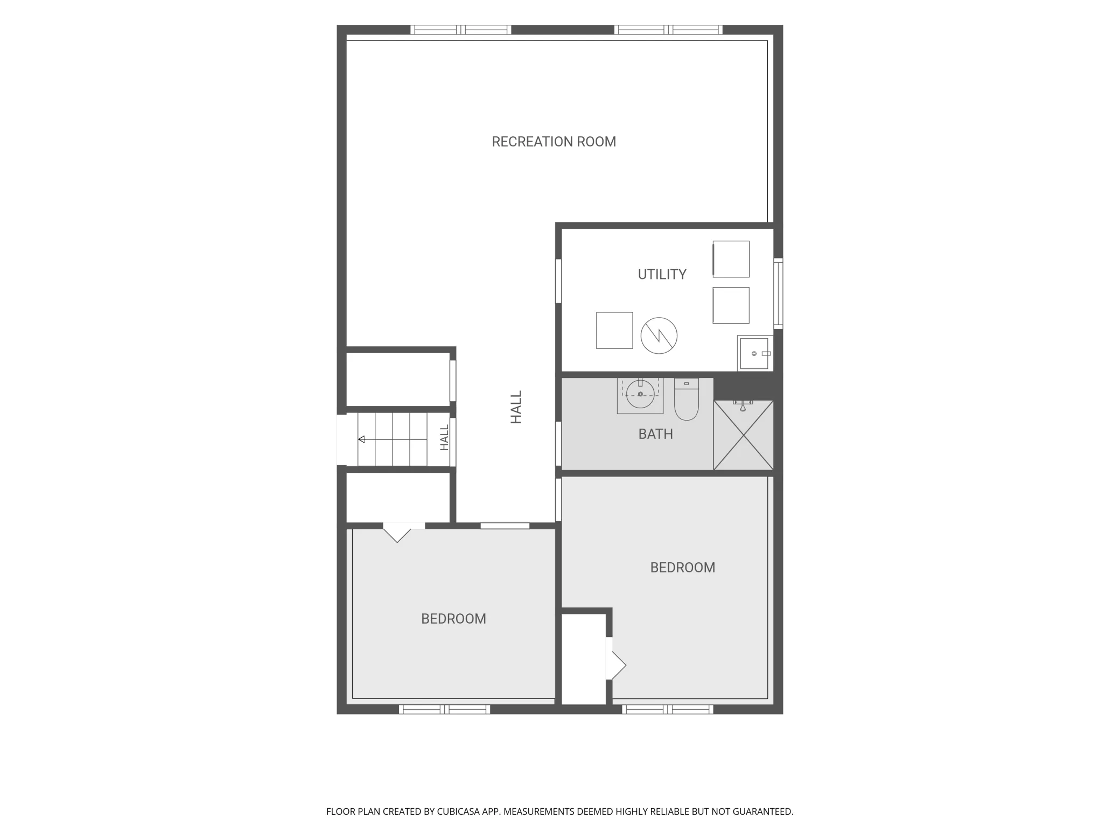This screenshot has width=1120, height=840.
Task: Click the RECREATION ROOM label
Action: [554, 142]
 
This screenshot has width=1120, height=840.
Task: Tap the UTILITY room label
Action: [662, 275]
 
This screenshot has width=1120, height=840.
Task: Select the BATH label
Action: [655, 434]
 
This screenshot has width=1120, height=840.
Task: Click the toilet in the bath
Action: [686, 399]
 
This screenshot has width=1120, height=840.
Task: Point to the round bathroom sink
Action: [640, 394]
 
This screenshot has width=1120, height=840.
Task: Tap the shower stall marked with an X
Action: [744, 435]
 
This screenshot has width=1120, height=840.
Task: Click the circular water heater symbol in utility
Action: [659, 335]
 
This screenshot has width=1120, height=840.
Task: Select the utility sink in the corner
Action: [755, 353]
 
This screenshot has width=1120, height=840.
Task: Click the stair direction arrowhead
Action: [361, 439]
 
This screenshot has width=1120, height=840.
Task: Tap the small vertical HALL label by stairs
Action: [444, 438]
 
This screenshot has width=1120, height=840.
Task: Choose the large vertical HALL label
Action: [516, 408]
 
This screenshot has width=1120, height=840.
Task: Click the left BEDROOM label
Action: [453, 619]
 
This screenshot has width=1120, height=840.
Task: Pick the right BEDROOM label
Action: [682, 568]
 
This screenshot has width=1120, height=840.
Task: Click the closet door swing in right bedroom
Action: [617, 666]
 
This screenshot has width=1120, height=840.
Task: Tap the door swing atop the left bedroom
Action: [397, 533]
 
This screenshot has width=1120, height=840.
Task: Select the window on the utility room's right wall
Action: [778, 293]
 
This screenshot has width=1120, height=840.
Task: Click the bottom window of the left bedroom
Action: [444, 710]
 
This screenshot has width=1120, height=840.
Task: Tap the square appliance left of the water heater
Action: [614, 331]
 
